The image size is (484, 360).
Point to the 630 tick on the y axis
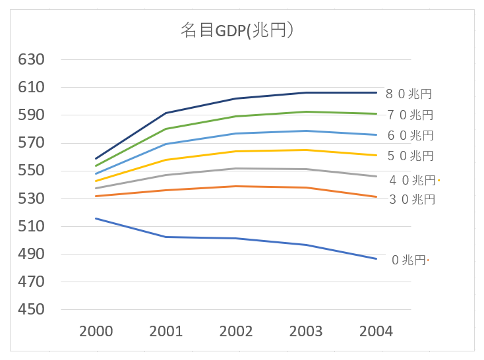point(31,60)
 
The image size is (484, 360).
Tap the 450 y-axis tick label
point(31,310)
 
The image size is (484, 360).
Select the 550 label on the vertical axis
point(31,171)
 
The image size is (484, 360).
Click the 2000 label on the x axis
point(96,331)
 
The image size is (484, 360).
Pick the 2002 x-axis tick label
point(236,331)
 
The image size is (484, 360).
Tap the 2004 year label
point(377,331)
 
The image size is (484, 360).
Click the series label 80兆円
point(409,94)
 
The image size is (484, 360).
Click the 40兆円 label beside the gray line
point(412,180)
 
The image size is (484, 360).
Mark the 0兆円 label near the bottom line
point(409,260)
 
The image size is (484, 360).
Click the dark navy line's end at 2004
point(377,92)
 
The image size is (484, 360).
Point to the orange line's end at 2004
point(377,196)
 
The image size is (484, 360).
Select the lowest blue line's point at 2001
point(166,237)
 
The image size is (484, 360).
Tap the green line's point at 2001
point(166,129)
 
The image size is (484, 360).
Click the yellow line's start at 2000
point(96,181)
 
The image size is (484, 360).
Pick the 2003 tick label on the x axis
point(306,331)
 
